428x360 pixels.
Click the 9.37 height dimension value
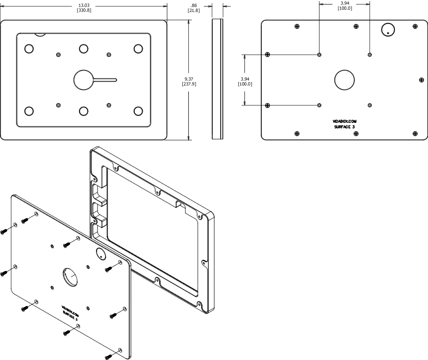[x=189, y=79]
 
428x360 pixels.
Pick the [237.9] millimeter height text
[x=189, y=84]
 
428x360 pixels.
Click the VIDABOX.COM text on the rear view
[x=345, y=121]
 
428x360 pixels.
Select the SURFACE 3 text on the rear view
[x=345, y=127]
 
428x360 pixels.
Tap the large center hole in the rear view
[x=344, y=79]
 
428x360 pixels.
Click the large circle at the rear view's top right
[x=388, y=29]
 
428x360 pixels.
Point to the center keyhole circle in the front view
[x=84, y=79]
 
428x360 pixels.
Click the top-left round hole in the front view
[x=29, y=49]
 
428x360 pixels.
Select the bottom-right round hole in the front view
[x=138, y=110]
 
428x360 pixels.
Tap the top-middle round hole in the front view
[x=84, y=49]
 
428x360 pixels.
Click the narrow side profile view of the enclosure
[x=216, y=79]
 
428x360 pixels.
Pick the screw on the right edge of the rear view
[x=420, y=79]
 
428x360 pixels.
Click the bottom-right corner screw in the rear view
[x=414, y=133]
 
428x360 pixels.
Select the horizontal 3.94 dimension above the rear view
[x=345, y=3]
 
